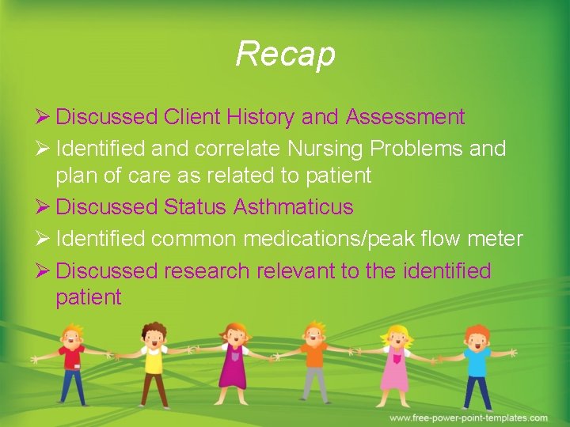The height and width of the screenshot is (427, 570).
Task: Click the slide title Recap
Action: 285,55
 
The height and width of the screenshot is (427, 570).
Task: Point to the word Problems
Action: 423,149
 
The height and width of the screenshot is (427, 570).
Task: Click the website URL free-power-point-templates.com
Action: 468,418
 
